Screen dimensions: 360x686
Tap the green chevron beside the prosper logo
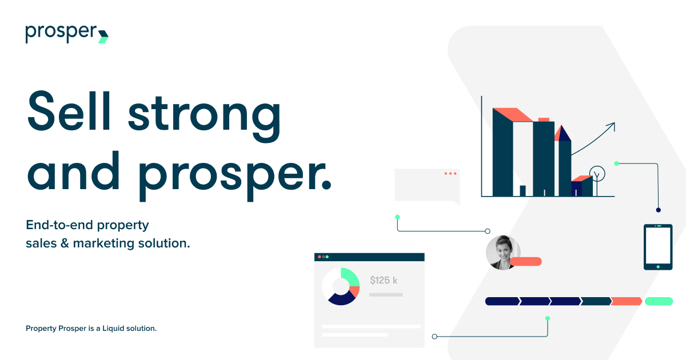tap(103, 36)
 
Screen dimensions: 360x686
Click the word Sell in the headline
tap(70, 112)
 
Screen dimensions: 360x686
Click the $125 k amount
tap(384, 280)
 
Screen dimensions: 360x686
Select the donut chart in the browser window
tap(341, 286)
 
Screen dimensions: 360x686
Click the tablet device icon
tap(658, 247)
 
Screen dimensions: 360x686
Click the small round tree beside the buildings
tap(597, 174)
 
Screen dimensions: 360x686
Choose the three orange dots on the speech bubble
tap(450, 173)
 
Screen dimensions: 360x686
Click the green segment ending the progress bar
tap(659, 301)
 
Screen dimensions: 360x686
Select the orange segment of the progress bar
tap(627, 301)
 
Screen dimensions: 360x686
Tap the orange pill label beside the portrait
tap(526, 262)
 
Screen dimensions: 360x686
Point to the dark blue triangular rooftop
tap(564, 133)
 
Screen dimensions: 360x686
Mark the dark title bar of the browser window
tap(369, 257)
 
